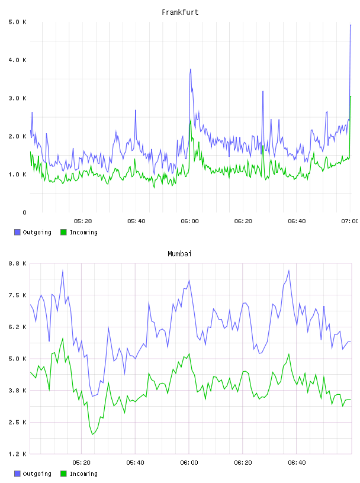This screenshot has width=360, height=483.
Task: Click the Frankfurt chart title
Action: click(x=180, y=12)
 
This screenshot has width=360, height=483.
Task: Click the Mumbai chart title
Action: click(x=179, y=254)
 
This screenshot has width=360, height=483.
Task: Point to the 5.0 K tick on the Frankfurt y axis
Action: click(x=17, y=22)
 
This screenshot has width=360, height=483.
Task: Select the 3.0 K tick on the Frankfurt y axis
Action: click(x=17, y=98)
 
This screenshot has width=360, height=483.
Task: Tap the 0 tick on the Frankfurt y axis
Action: click(x=24, y=212)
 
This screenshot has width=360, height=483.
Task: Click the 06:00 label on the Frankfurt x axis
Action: click(x=189, y=221)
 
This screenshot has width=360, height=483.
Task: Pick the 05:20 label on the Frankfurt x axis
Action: click(x=83, y=221)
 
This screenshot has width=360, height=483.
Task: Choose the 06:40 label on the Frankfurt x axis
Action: click(x=297, y=221)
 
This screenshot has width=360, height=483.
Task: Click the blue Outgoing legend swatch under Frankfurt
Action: click(x=17, y=232)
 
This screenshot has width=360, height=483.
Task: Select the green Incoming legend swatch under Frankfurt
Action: click(x=63, y=232)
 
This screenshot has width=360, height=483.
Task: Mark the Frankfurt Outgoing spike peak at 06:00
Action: click(x=191, y=69)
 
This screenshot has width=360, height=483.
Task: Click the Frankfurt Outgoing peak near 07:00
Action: click(x=351, y=25)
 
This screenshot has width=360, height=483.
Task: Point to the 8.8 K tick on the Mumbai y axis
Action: click(x=17, y=263)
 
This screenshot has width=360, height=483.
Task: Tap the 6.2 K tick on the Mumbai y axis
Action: click(x=17, y=327)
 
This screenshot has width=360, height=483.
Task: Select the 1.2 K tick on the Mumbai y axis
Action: click(x=17, y=454)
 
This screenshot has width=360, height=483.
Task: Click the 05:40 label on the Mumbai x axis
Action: click(x=136, y=463)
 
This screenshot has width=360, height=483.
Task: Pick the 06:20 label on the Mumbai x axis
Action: click(x=243, y=463)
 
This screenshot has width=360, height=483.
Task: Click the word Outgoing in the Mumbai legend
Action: click(x=37, y=474)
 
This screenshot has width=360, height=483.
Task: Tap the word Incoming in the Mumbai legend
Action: click(x=83, y=474)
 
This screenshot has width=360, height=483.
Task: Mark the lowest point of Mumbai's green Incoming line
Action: click(x=92, y=434)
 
